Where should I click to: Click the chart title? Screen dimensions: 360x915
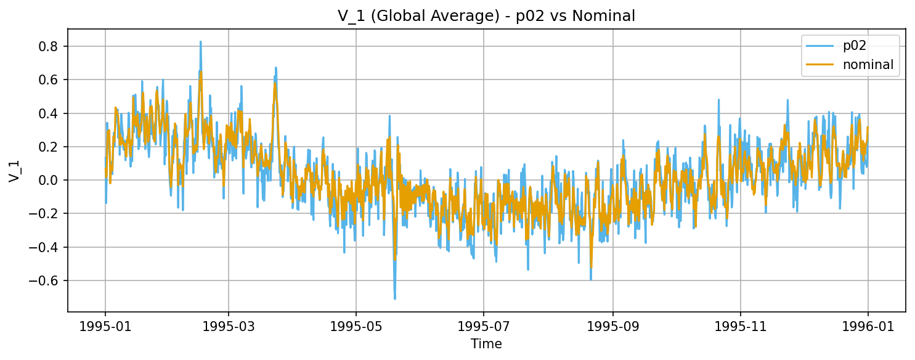[486, 17]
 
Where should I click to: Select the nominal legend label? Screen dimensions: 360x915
[868, 65]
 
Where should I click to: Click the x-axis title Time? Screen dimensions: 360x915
[486, 344]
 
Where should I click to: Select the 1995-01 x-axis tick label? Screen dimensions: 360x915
[105, 326]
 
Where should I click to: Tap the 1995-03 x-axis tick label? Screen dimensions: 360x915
[229, 326]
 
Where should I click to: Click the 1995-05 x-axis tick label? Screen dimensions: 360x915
[356, 326]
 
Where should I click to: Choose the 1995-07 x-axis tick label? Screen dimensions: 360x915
[484, 326]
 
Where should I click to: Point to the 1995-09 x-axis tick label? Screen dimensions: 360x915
[613, 326]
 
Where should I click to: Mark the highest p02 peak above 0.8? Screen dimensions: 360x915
[200, 42]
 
